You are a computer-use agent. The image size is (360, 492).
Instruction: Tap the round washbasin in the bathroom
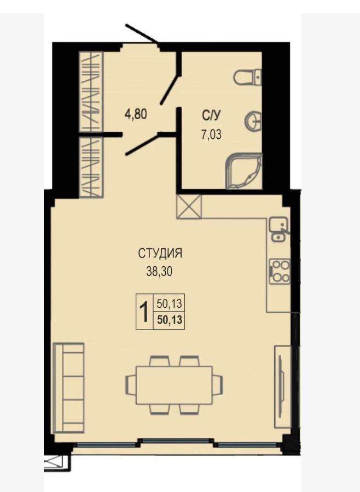pos(253,120)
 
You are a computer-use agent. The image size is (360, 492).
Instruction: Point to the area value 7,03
pos(211,134)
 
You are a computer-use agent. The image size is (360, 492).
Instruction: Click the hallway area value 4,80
pos(136,114)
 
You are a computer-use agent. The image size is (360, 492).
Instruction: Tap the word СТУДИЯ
pos(160,253)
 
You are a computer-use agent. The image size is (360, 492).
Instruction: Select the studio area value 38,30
pos(159,271)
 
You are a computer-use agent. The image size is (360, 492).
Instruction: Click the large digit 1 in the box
pos(144,311)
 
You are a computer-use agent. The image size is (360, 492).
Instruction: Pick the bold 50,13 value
pos(169,320)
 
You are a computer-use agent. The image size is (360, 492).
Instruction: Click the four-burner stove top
pos(280,272)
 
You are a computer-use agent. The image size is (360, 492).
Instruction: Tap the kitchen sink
pos(278,230)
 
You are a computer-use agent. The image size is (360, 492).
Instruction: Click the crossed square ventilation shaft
pos(189,207)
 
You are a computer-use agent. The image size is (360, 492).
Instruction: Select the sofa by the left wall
pos(69,388)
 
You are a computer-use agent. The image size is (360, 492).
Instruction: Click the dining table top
pos(174,385)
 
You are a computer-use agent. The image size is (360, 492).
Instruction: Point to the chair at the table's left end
pos(131,385)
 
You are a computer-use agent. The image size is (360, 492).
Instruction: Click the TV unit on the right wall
pos(283,386)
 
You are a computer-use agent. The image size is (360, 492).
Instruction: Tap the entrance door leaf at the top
pos(141,33)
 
